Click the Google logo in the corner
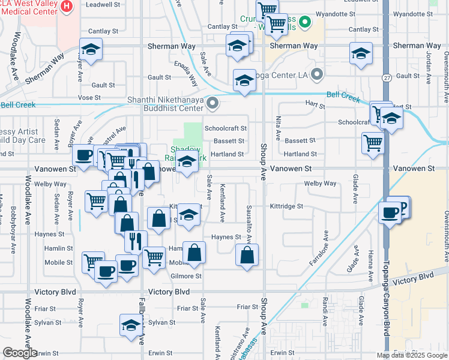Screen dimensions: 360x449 pyautogui.click(x=19, y=353)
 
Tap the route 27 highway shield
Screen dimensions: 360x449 pyautogui.click(x=385, y=77)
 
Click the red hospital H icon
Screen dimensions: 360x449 pyautogui.click(x=67, y=7)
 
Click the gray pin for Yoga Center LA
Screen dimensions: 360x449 pyautogui.click(x=317, y=76)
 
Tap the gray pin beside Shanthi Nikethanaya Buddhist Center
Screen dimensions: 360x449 pyautogui.click(x=211, y=104)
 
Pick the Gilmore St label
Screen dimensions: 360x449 pyautogui.click(x=185, y=276)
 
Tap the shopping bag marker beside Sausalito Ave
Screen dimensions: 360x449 pyautogui.click(x=247, y=255)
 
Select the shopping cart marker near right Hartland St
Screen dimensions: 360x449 pyautogui.click(x=373, y=143)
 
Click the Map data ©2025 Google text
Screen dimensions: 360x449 pyautogui.click(x=412, y=355)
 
